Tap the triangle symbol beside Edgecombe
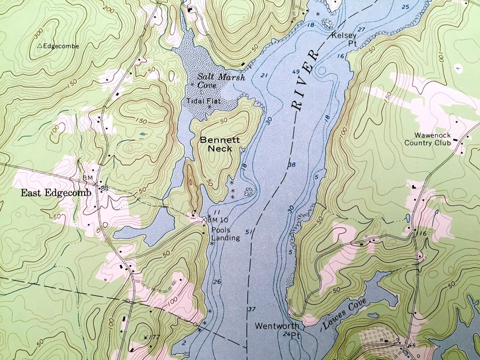40,46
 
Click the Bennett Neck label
219,144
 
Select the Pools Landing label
225,233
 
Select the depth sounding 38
293,165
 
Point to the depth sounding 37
251,309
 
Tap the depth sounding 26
216,282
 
